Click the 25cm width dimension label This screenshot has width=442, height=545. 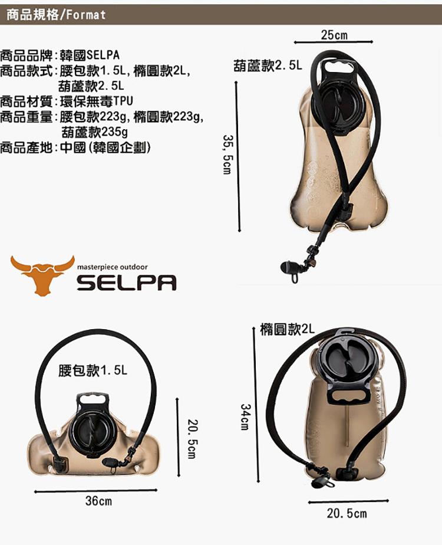click(334, 35)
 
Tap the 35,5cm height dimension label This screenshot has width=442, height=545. click(227, 155)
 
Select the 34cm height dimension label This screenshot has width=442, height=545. click(246, 416)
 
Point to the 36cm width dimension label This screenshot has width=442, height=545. click(98, 501)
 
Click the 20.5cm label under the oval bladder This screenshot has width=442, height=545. click(347, 513)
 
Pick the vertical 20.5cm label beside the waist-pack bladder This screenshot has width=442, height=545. click(193, 439)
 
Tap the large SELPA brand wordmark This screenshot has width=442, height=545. click(126, 283)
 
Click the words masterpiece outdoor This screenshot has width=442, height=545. click(112, 267)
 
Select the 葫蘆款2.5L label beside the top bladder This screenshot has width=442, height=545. click(268, 65)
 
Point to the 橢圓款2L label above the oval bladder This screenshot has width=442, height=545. click(287, 329)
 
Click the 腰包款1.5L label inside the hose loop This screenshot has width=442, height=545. click(93, 370)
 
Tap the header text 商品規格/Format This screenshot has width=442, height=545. click(56, 15)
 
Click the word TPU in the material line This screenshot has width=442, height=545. click(123, 101)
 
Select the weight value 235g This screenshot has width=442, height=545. click(114, 132)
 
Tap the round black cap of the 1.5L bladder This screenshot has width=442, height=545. click(92, 431)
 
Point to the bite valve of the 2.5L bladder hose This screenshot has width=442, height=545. click(288, 268)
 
